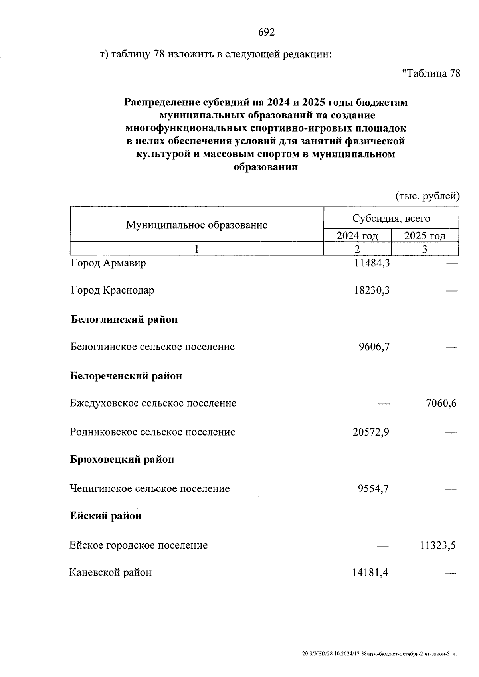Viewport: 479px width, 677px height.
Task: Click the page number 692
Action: pyautogui.click(x=267, y=32)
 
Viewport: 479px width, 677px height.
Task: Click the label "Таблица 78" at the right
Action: pyautogui.click(x=431, y=73)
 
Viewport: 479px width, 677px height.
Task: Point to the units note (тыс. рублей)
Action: pyautogui.click(x=428, y=196)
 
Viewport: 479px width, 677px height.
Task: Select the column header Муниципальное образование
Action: pyautogui.click(x=196, y=225)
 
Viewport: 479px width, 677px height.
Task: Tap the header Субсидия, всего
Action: pyautogui.click(x=391, y=218)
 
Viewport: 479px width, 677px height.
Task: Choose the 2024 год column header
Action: pyautogui.click(x=357, y=236)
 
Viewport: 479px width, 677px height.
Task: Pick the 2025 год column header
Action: pyautogui.click(x=425, y=236)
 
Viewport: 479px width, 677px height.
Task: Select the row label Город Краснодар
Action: pyautogui.click(x=113, y=290)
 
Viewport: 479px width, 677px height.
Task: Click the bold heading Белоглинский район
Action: pyautogui.click(x=124, y=320)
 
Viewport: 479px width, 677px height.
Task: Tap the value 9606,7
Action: pyautogui.click(x=374, y=347)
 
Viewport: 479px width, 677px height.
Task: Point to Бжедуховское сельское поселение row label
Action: pyautogui.click(x=153, y=403)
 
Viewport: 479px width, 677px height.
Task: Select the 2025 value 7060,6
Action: pyautogui.click(x=441, y=403)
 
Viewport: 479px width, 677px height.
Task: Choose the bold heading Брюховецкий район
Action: pyautogui.click(x=122, y=460)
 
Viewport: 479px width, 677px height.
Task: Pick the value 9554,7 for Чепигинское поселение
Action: pyautogui.click(x=373, y=489)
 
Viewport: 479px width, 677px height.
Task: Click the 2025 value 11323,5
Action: pyautogui.click(x=437, y=545)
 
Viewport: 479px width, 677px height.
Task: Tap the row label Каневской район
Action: pyautogui.click(x=111, y=573)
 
